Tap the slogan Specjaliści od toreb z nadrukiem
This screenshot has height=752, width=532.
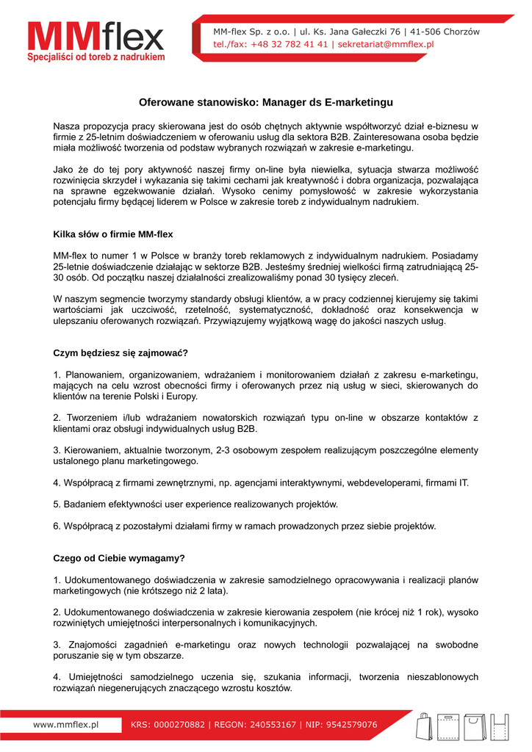[96, 57]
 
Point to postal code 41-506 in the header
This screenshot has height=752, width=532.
[426, 32]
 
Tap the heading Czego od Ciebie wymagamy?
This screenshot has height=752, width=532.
[119, 558]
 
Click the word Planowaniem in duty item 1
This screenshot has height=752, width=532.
[94, 375]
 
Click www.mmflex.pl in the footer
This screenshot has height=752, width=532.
[66, 725]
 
